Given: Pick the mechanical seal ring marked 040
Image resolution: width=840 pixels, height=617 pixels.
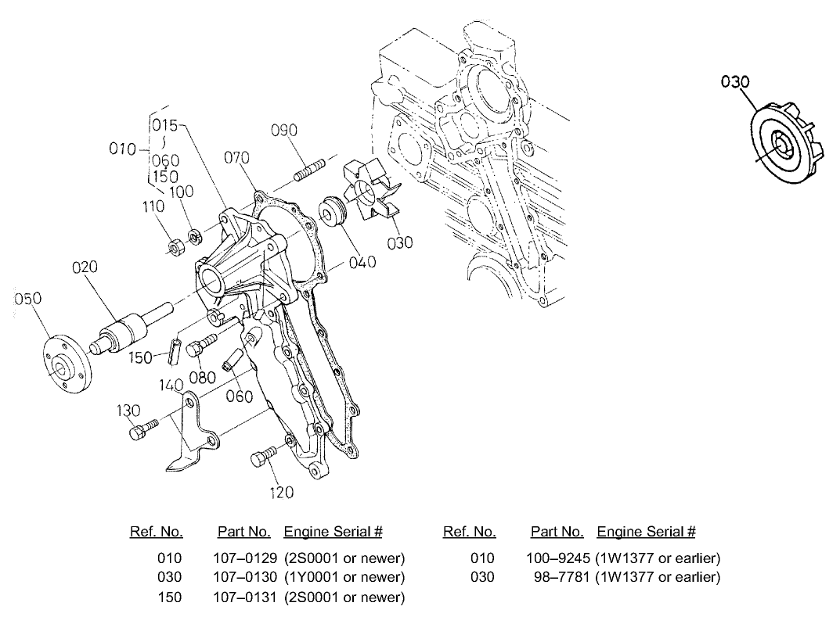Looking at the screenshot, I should coord(334,212).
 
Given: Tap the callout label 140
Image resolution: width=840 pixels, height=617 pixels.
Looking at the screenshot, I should coord(170,386).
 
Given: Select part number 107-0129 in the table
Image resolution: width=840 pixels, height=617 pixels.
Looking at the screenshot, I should coord(244,558).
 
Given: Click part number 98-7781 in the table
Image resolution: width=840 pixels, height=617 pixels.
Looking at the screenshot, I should coord(560,578).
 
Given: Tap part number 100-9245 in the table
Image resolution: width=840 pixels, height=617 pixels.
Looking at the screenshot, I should coord(557,558).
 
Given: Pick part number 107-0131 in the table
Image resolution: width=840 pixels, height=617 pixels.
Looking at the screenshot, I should coord(244,597).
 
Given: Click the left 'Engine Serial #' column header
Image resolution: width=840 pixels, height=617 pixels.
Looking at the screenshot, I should coord(333,533).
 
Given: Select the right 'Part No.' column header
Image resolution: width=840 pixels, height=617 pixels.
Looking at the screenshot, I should coord(557,533).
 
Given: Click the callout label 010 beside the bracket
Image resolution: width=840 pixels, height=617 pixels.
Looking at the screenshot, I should coord(123,149).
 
